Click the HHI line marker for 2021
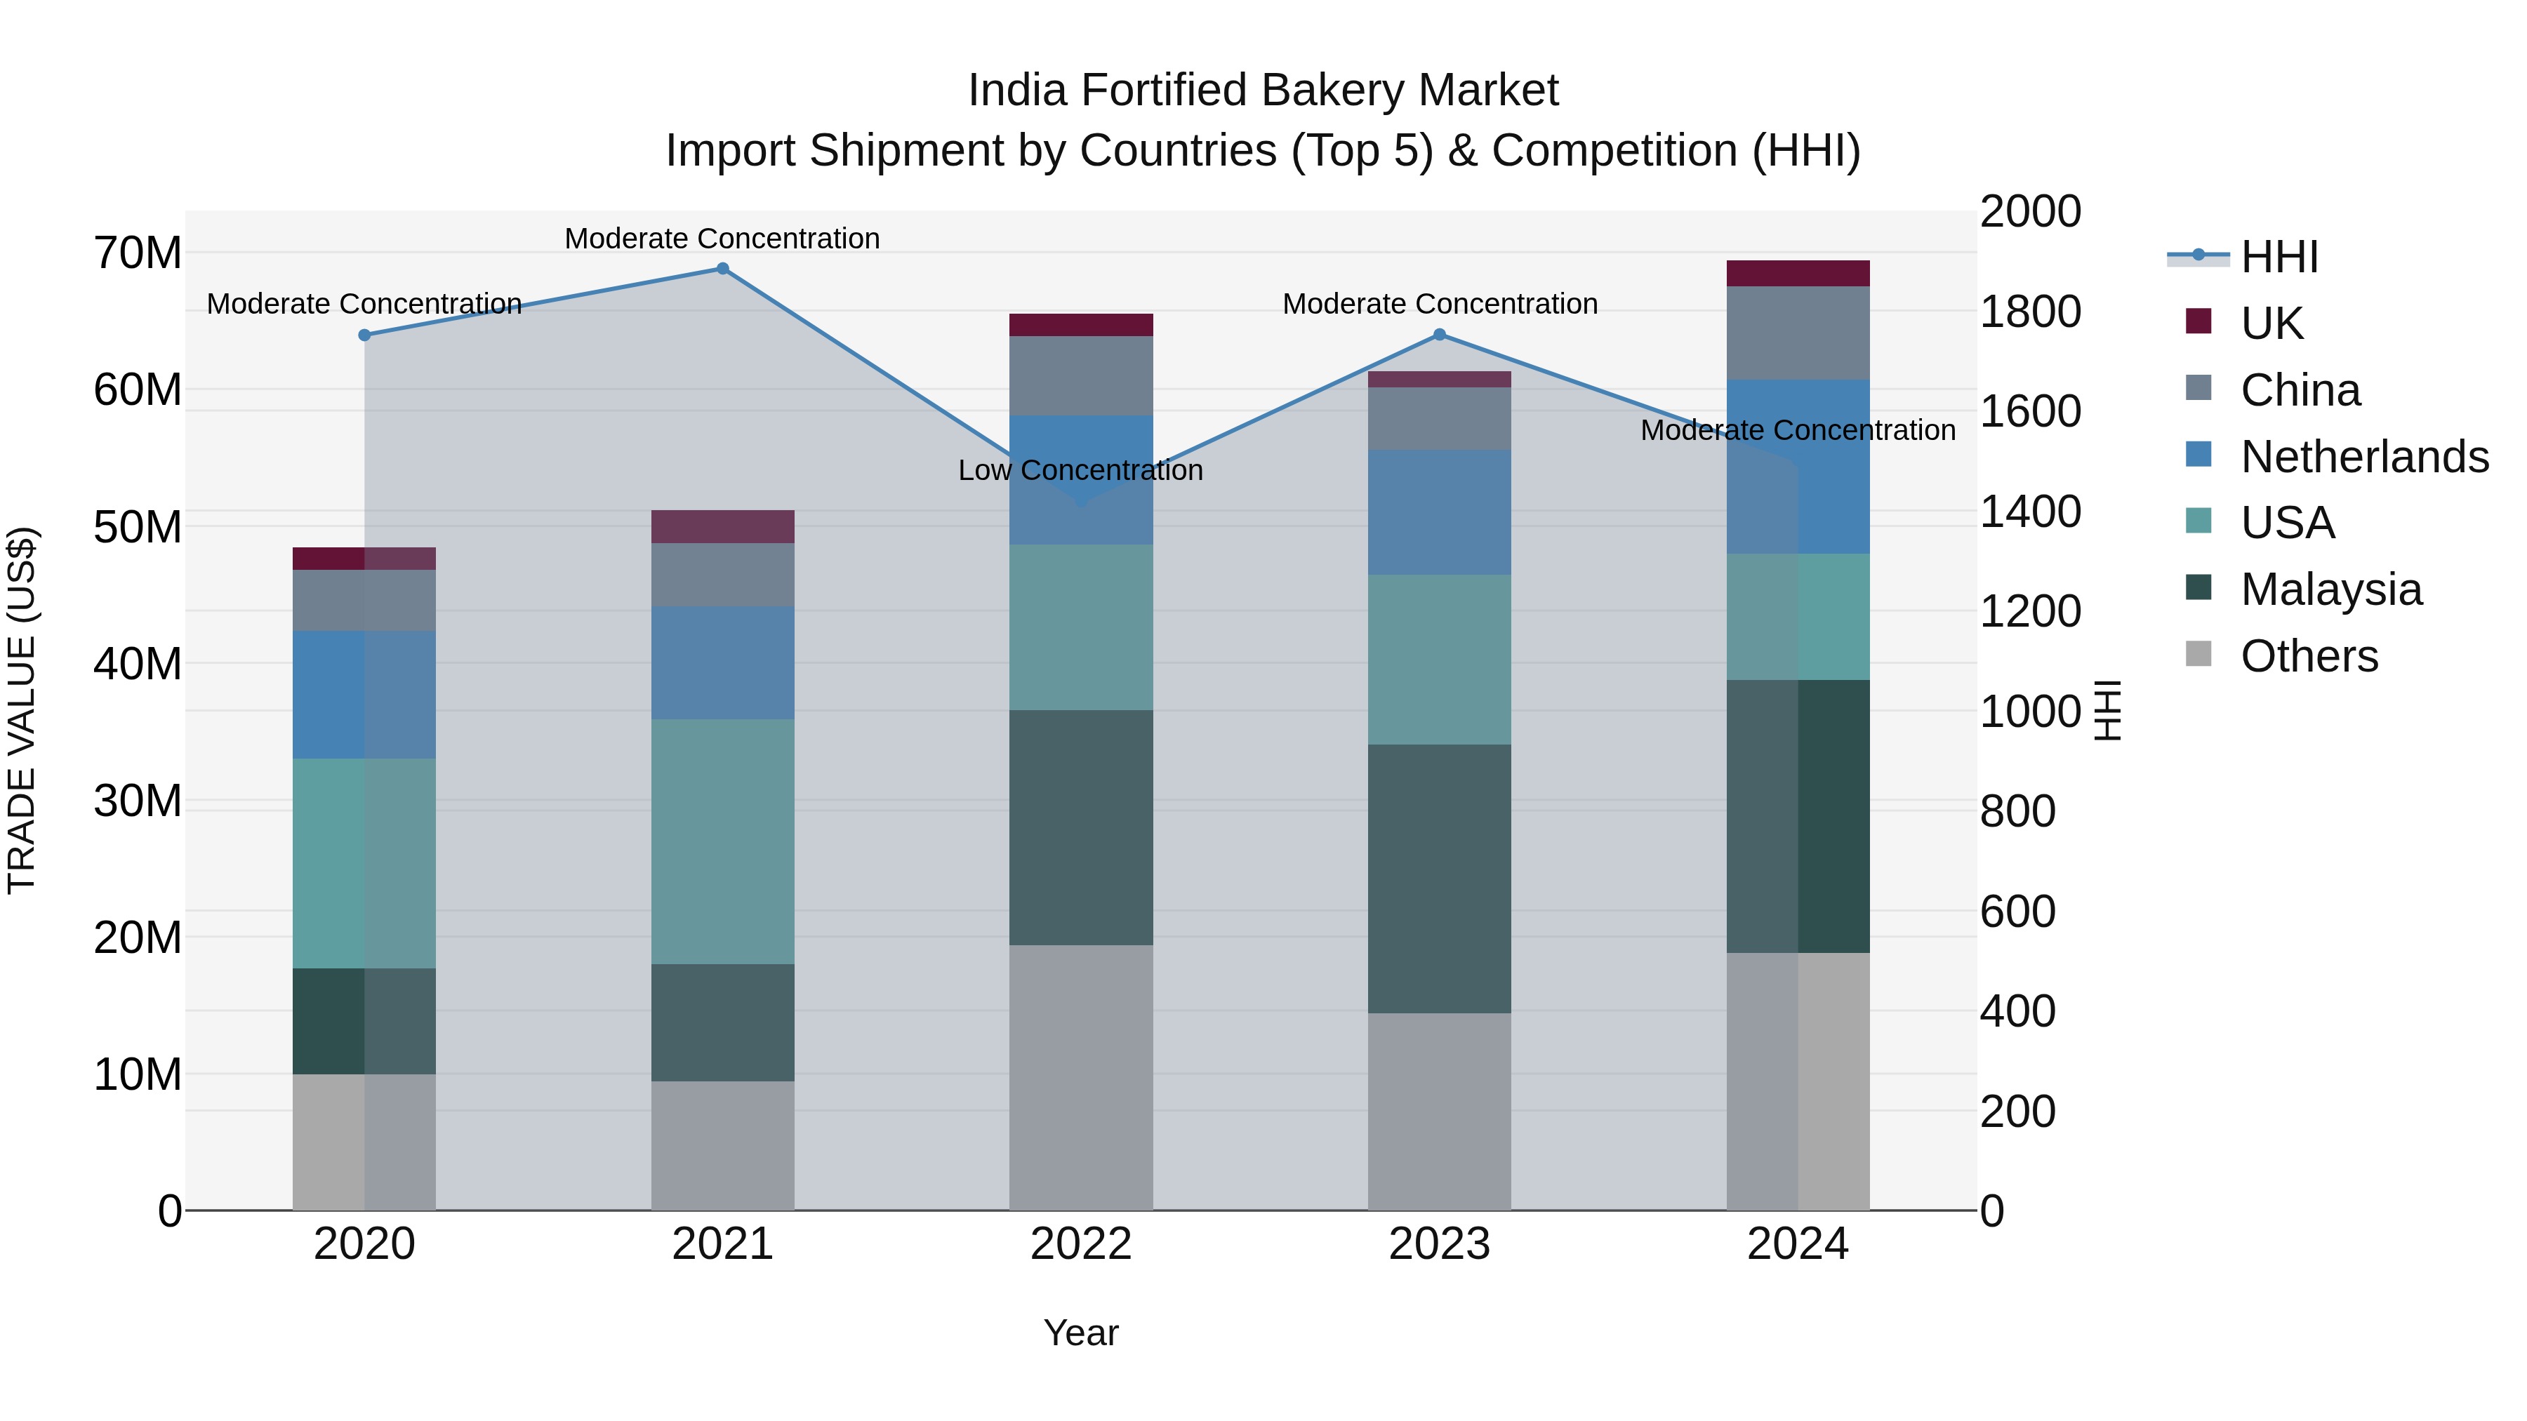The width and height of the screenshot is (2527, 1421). coord(722,269)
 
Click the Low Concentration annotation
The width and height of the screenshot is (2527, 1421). coord(1080,471)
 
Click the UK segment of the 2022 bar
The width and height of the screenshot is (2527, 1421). coord(1080,325)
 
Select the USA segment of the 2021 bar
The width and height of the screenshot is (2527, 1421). coord(722,841)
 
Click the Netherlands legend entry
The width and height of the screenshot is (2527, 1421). coord(2364,457)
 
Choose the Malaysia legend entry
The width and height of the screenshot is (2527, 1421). coord(2330,589)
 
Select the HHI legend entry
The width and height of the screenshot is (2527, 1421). coord(2279,257)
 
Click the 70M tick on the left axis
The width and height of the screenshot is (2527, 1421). coord(138,253)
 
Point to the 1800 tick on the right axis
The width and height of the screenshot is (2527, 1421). coord(2029,312)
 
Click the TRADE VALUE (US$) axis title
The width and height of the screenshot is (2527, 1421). coord(22,710)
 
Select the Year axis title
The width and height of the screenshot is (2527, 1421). coord(1080,1333)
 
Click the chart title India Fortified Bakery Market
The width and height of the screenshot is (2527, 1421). coord(1263,91)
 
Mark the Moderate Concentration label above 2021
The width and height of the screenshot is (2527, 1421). coord(722,239)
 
